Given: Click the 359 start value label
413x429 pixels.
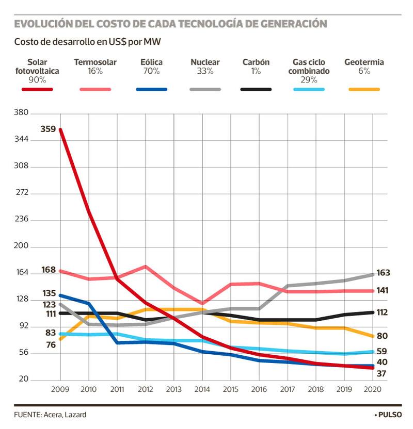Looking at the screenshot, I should pos(47,128).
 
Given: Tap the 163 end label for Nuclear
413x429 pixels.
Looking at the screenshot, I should pos(383,273).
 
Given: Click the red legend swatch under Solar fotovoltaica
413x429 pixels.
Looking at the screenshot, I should pos(37,89).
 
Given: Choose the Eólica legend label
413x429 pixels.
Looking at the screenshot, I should pos(151,62).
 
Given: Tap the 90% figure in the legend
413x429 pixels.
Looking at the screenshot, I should pos(37,80).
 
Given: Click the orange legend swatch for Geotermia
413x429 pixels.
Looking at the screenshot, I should pos(364,89).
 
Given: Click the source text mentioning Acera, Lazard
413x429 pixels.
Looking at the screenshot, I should pos(50,415).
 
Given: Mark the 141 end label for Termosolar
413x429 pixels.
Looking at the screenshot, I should pos(383,291).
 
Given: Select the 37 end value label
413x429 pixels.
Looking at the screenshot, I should pos(382,373).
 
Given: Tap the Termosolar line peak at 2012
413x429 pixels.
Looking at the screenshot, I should pos(146,267).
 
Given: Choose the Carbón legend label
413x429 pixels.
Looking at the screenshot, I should pos(256,62).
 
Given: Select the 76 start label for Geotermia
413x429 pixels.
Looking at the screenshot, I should pos(51,345).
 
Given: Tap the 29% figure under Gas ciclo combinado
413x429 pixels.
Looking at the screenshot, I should pos(309,80).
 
